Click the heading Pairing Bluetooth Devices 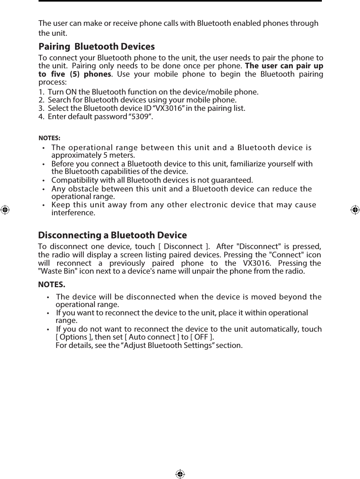coord(97,47)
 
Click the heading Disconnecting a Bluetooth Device coord(112,235)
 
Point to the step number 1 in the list coord(41,92)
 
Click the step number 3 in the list coord(41,108)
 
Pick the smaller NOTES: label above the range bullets coord(49,138)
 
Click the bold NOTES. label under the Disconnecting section coord(52,285)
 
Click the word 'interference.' coord(74,213)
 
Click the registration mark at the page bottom coord(180,474)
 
